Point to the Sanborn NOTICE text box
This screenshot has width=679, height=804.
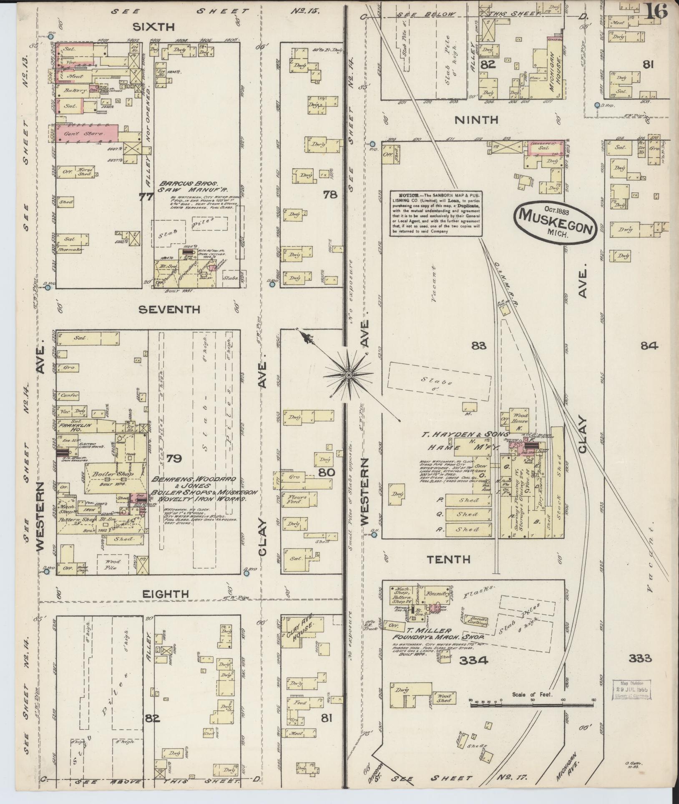coord(435,213)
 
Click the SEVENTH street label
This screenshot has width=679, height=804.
coord(169,310)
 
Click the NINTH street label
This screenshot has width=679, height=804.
coord(476,120)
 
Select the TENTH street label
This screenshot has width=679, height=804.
coord(448,559)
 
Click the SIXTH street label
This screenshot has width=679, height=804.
coord(153,27)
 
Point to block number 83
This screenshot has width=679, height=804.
coord(479,345)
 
